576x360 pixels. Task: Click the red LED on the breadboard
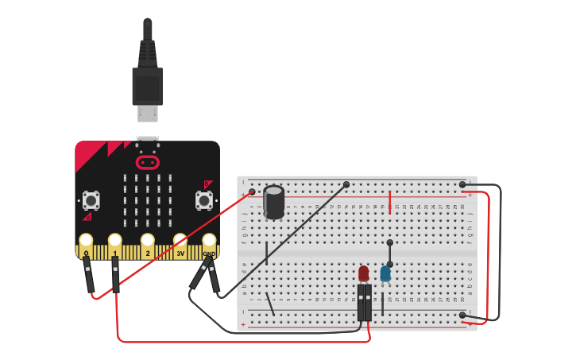(x=364, y=273)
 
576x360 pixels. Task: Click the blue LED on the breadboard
(x=385, y=273)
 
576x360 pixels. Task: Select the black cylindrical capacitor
(x=274, y=202)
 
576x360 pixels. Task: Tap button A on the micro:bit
(x=91, y=199)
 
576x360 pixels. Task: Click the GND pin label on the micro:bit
(x=209, y=254)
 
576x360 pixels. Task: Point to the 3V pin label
(x=180, y=254)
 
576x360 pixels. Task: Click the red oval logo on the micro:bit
(x=147, y=163)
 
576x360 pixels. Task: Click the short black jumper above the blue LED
(x=389, y=253)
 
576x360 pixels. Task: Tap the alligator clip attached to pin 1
(x=116, y=274)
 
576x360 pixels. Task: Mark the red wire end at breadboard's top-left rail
(x=252, y=192)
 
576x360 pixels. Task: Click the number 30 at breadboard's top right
(x=462, y=207)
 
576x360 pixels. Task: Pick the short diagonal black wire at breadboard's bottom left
(x=271, y=304)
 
